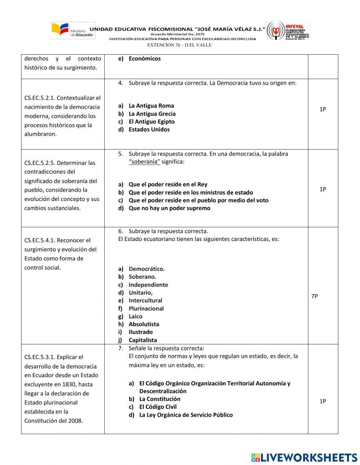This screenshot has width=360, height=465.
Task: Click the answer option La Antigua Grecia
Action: tap(152, 114)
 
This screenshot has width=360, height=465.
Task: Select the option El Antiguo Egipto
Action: tap(152, 122)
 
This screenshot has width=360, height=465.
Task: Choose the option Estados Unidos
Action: tap(149, 130)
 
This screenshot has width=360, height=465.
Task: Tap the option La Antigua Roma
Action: tap(151, 106)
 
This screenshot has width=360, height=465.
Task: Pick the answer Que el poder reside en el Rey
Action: tap(168, 184)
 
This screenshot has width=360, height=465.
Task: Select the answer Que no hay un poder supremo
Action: tap(169, 208)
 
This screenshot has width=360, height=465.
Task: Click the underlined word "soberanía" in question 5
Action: tap(144, 162)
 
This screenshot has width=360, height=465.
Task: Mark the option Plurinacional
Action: tap(146, 309)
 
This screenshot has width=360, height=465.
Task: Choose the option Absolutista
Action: tap(144, 324)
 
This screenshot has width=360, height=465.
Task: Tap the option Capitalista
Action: tap(143, 340)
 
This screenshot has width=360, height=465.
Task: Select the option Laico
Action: tap(135, 317)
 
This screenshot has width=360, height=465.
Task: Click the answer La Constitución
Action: tap(159, 399)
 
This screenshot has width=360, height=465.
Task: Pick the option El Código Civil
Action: tap(158, 407)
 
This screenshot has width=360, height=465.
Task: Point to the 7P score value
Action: tap(314, 296)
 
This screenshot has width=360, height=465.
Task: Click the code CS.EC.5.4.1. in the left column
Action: tap(40, 240)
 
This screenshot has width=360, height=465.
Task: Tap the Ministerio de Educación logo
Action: tap(72, 31)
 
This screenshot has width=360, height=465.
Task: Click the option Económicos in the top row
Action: tap(144, 59)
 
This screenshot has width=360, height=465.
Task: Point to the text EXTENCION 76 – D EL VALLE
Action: tap(179, 45)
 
